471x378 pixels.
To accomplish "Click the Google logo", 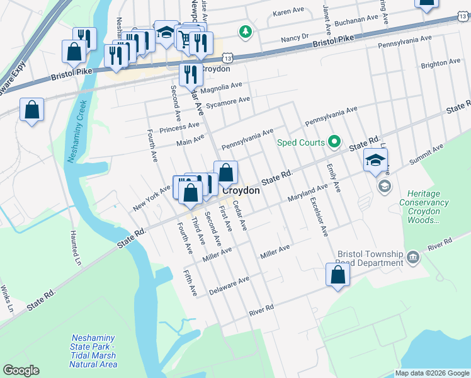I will [x=21, y=370].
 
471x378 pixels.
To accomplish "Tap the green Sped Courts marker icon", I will [x=335, y=143].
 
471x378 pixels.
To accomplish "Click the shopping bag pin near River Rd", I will [x=338, y=275].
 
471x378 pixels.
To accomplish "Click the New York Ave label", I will [x=152, y=198].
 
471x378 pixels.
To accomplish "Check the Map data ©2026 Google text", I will [x=431, y=373].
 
